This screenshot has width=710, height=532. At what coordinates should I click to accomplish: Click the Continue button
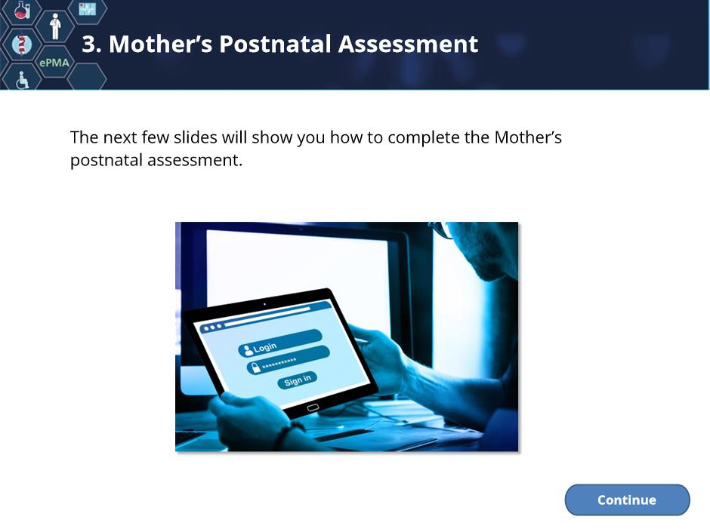pyautogui.click(x=627, y=500)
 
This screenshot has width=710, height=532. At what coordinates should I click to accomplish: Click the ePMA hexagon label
pyautogui.click(x=54, y=63)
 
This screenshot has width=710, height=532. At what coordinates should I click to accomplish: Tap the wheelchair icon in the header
pyautogui.click(x=22, y=80)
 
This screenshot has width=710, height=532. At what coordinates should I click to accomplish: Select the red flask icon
pyautogui.click(x=22, y=10)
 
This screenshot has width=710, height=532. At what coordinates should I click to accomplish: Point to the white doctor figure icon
pyautogui.click(x=55, y=26)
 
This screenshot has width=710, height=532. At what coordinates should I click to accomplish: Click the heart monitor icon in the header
pyautogui.click(x=88, y=9)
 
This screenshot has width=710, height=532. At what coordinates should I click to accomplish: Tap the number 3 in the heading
pyautogui.click(x=88, y=45)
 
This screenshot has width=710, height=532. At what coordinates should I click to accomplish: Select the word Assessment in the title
pyautogui.click(x=408, y=44)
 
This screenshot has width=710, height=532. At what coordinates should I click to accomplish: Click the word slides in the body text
pyautogui.click(x=195, y=137)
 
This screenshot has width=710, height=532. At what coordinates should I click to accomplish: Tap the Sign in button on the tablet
pyautogui.click(x=297, y=380)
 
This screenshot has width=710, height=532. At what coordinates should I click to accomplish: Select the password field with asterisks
pyautogui.click(x=288, y=361)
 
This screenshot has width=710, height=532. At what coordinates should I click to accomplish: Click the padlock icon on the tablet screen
pyautogui.click(x=255, y=367)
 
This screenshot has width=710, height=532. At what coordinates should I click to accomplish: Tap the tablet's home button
pyautogui.click(x=313, y=407)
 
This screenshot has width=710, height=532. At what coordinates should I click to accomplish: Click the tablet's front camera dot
pyautogui.click(x=264, y=304)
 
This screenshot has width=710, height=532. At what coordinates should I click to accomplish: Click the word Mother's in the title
pyautogui.click(x=161, y=44)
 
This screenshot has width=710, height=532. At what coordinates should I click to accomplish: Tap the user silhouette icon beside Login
pyautogui.click(x=248, y=349)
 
